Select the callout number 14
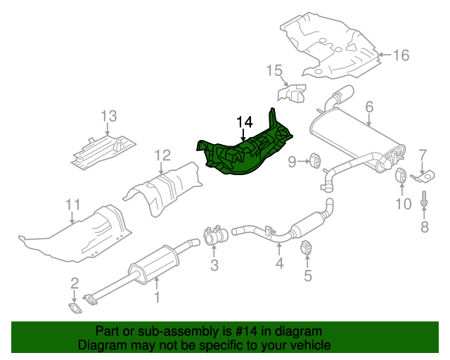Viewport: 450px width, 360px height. tap(243, 122)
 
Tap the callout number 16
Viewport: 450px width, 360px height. tap(399, 56)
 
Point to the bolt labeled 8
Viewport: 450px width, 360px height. tap(424, 201)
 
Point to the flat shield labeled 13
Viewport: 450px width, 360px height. tap(102, 149)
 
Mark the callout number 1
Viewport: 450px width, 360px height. tap(157, 297)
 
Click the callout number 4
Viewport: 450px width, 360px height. tap(279, 264)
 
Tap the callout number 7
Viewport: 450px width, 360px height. tap(423, 155)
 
